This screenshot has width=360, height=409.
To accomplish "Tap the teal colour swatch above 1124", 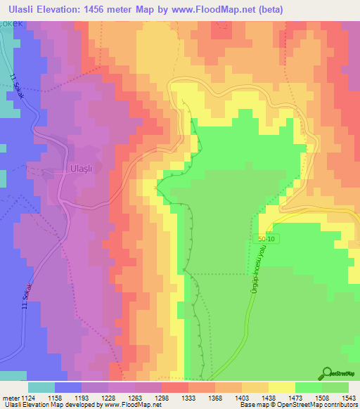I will tap(41, 387).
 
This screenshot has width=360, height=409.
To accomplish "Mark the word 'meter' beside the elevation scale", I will tap(9, 398).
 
